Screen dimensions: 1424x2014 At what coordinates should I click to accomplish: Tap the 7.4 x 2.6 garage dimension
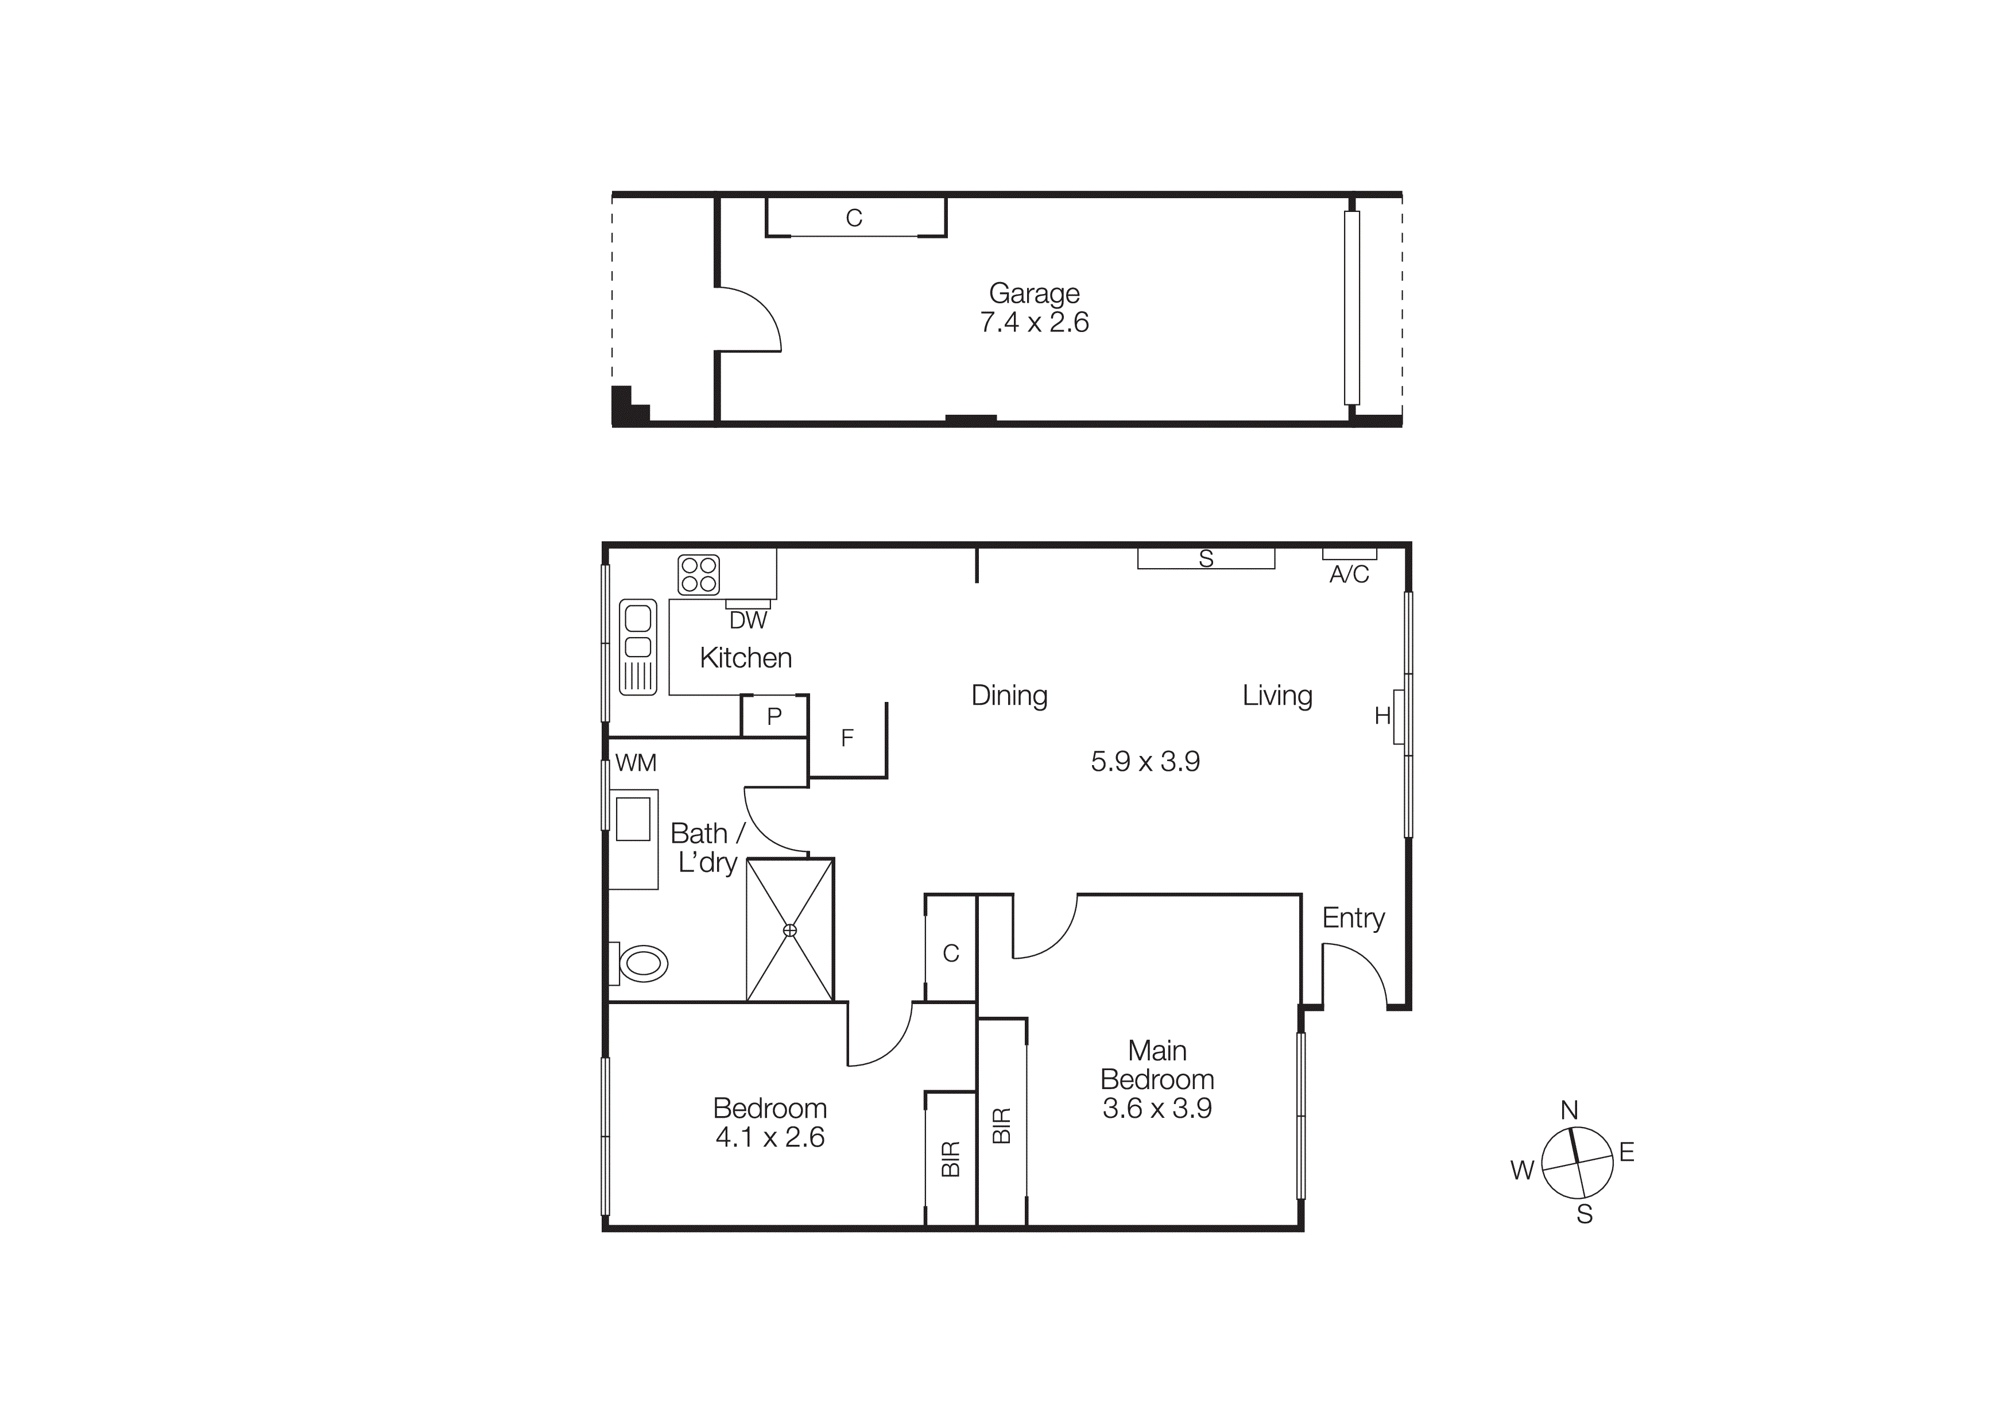tap(1034, 323)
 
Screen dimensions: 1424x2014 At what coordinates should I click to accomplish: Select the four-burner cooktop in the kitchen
tap(698, 574)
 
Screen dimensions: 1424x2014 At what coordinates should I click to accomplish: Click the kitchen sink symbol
tap(638, 647)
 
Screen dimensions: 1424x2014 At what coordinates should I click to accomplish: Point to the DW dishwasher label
tap(748, 621)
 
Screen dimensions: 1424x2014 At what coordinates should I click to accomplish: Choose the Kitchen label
tap(746, 658)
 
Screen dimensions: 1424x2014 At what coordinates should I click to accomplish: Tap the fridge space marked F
tap(846, 739)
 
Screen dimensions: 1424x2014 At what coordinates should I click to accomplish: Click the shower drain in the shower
tap(789, 930)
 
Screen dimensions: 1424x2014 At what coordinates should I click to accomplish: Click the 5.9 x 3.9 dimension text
tap(1145, 762)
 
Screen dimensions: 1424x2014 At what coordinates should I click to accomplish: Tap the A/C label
tap(1349, 574)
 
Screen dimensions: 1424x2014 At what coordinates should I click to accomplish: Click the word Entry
tap(1354, 918)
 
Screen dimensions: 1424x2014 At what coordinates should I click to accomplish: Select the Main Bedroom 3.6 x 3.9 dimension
tap(1157, 1108)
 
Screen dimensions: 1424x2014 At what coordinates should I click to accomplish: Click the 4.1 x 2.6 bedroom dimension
tap(770, 1138)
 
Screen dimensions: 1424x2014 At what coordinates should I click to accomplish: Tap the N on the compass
tap(1569, 1111)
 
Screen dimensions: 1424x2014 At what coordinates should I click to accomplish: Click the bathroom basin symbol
tap(633, 820)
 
